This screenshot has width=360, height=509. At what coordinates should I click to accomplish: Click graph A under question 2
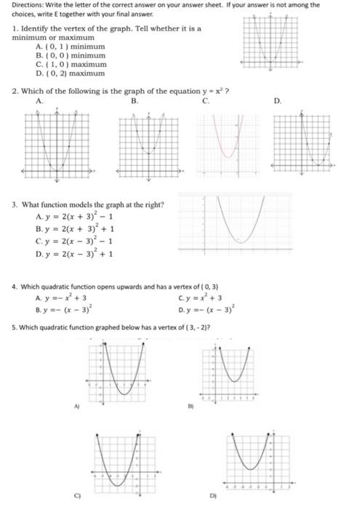click(x=57, y=144)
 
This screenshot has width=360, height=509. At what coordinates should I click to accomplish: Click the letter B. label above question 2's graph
click(x=134, y=102)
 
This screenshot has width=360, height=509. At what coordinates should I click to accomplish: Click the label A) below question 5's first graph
click(x=72, y=409)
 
